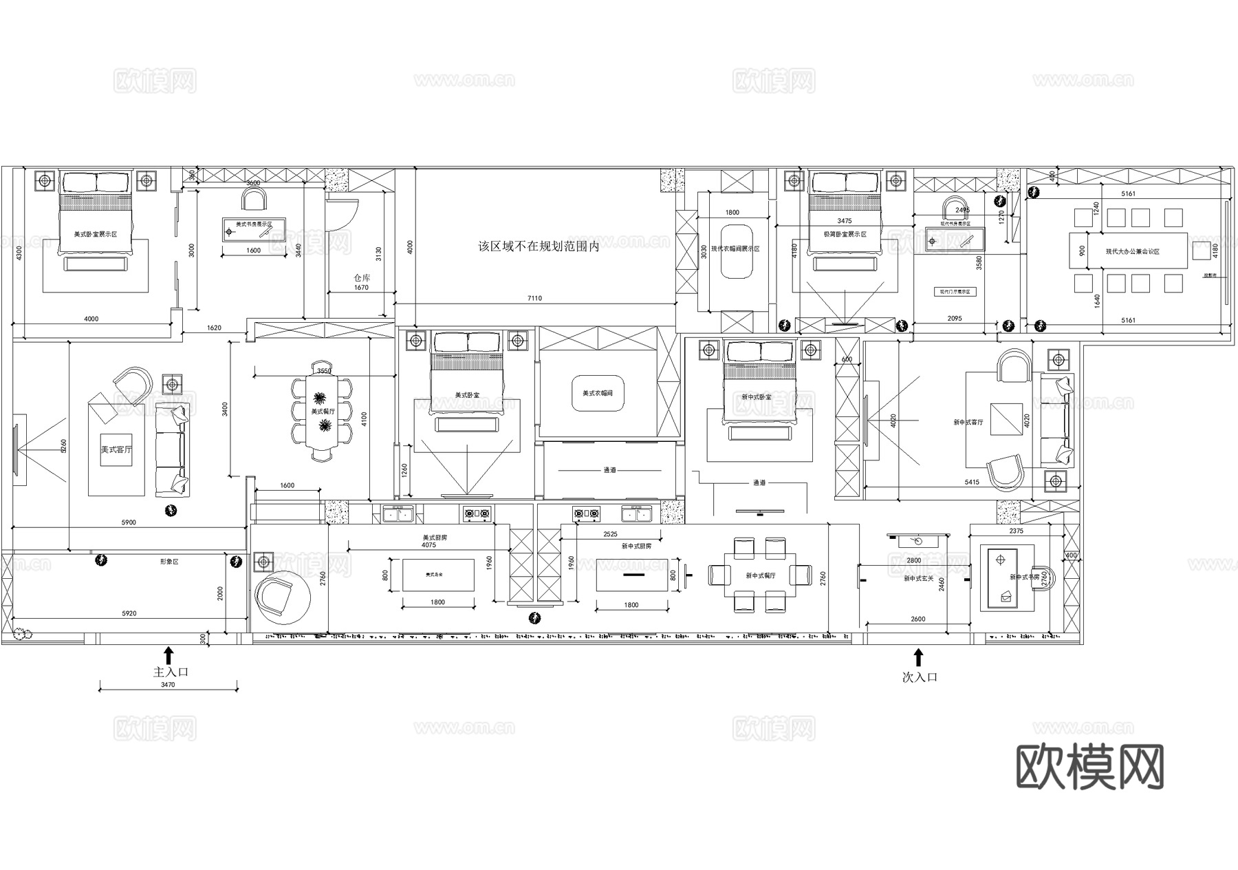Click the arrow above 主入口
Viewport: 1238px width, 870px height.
[169, 655]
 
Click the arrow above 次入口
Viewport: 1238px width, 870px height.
[918, 657]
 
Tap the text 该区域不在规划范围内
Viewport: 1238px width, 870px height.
[539, 246]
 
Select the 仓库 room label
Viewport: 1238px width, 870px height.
[362, 278]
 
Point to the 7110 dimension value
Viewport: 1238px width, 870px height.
[534, 298]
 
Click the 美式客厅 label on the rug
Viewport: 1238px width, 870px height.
[116, 449]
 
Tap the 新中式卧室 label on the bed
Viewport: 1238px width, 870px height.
[757, 397]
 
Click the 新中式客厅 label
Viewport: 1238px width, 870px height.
[968, 422]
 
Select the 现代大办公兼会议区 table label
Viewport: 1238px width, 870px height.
[1132, 252]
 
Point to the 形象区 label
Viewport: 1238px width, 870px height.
[169, 562]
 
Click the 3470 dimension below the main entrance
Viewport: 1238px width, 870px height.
[168, 685]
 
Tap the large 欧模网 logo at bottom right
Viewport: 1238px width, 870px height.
[1090, 767]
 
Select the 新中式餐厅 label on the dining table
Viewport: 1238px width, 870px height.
[760, 575]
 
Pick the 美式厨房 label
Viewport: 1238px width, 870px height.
[435, 537]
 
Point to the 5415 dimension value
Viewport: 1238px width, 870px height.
[972, 482]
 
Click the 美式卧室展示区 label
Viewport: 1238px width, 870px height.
[96, 235]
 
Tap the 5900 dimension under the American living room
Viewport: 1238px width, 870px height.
[129, 522]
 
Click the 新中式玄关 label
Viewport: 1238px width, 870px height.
[919, 579]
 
